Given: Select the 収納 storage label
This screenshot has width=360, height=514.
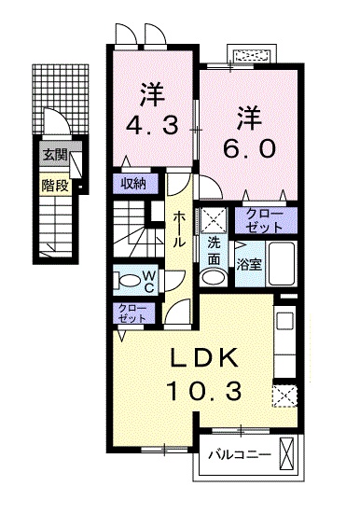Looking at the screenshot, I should tap(134, 183).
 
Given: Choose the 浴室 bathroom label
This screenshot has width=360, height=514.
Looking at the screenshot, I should tap(248, 264).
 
